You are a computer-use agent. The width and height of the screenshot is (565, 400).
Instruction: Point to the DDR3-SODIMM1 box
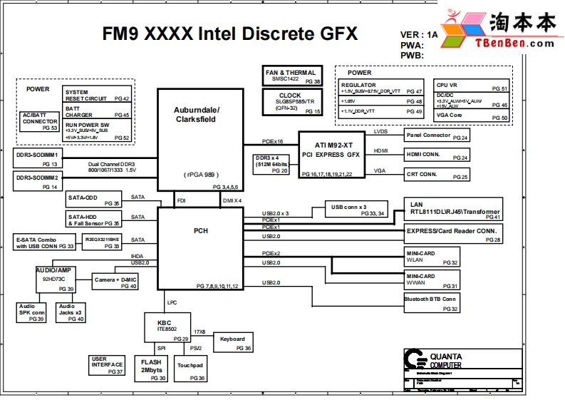(37, 158)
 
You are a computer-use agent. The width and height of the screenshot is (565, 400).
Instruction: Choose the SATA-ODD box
(93, 200)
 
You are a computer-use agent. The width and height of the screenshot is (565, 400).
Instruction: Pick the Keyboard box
(233, 343)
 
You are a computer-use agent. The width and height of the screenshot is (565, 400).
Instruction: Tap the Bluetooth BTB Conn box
(431, 304)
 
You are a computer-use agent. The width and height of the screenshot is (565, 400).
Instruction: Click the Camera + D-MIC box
(115, 282)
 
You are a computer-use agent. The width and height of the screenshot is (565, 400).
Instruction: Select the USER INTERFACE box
(108, 365)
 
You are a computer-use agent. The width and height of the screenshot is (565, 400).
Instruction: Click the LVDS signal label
(380, 131)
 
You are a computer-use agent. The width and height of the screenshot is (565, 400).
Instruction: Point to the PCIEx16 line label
(272, 141)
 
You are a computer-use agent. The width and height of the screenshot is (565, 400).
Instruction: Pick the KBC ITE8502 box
(167, 327)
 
